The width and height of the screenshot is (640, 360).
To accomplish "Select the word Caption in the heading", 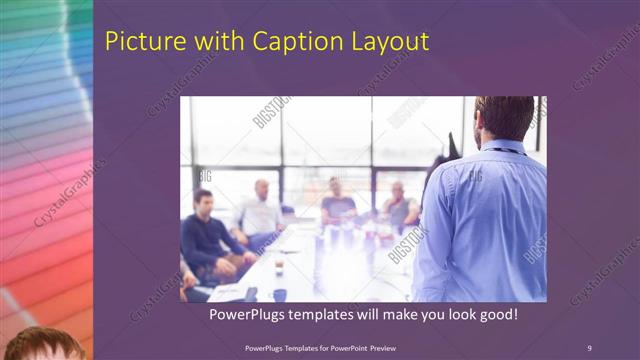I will click(275, 42).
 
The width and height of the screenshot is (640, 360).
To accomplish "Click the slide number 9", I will click(589, 347).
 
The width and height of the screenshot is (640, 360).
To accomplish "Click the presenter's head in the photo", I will click(504, 119).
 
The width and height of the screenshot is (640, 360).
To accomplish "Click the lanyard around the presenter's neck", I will click(500, 150).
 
